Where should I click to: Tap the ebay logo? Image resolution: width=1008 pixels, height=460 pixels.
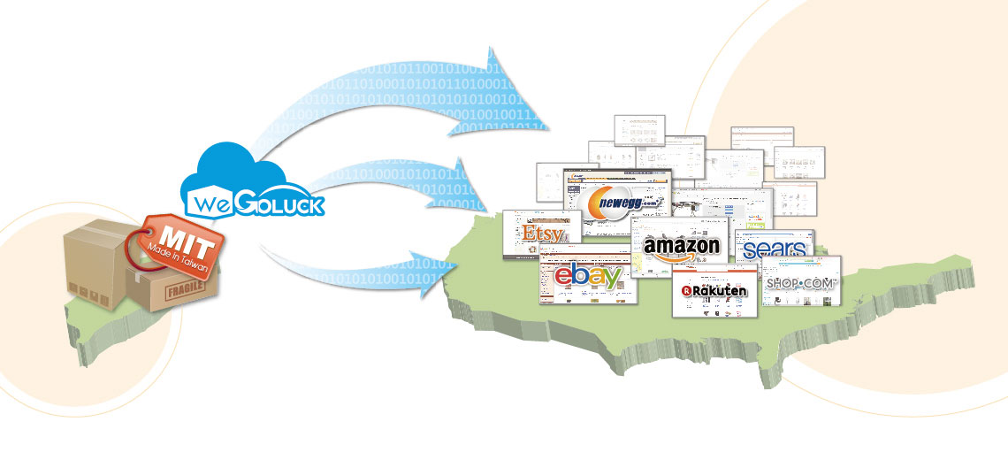(589, 276)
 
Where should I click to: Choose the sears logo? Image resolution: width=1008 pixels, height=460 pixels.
(775, 250)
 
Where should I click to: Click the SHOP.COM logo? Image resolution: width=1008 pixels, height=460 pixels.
(800, 283)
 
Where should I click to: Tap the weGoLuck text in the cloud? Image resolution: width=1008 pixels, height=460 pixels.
(252, 206)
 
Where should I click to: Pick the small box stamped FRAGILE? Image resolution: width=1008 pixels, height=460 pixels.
(172, 287)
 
